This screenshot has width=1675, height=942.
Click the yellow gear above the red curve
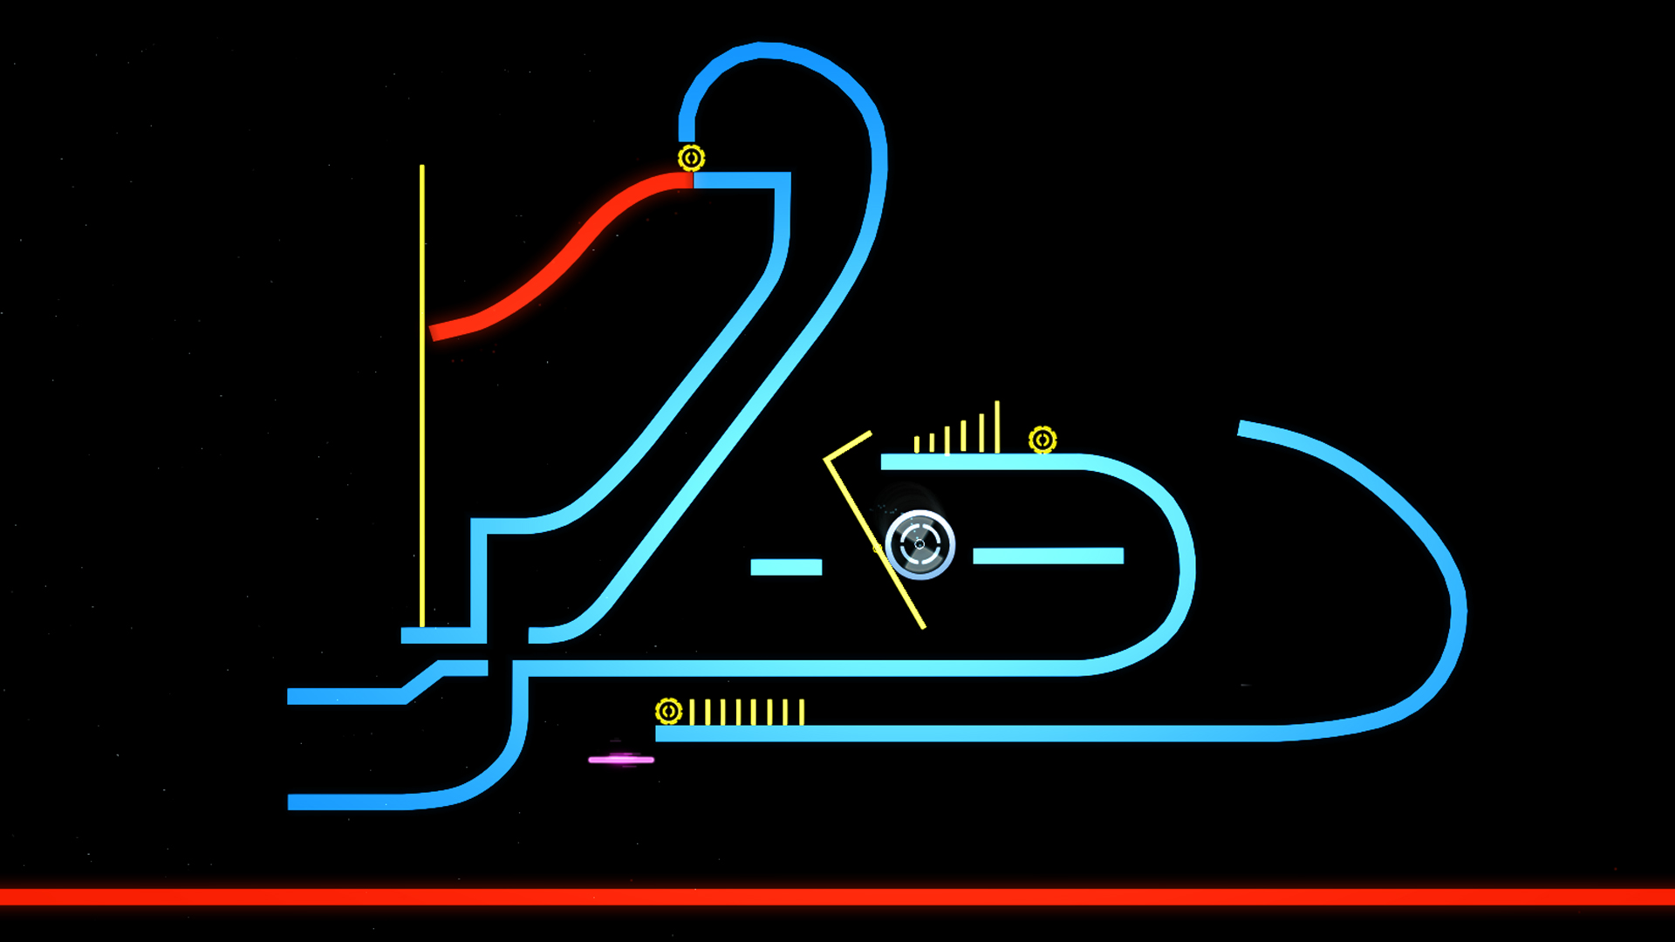[691, 158]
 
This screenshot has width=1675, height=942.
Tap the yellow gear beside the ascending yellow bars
[1043, 440]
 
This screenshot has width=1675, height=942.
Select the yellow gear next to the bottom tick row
[668, 712]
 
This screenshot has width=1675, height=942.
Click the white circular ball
[920, 544]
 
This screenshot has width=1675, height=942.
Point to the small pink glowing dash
[621, 760]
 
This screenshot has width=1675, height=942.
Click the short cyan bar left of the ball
[786, 567]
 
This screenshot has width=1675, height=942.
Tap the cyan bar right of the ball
[1048, 556]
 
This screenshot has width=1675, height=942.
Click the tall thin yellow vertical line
[422, 392]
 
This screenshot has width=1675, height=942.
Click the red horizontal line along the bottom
[837, 897]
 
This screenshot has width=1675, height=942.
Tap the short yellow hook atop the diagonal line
[848, 445]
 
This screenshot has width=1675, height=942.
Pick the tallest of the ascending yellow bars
[997, 427]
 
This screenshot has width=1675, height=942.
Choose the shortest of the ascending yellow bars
[916, 445]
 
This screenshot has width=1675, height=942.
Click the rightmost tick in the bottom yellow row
[802, 712]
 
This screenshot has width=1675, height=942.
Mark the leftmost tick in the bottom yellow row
[692, 712]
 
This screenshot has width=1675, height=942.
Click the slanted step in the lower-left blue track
[423, 682]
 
